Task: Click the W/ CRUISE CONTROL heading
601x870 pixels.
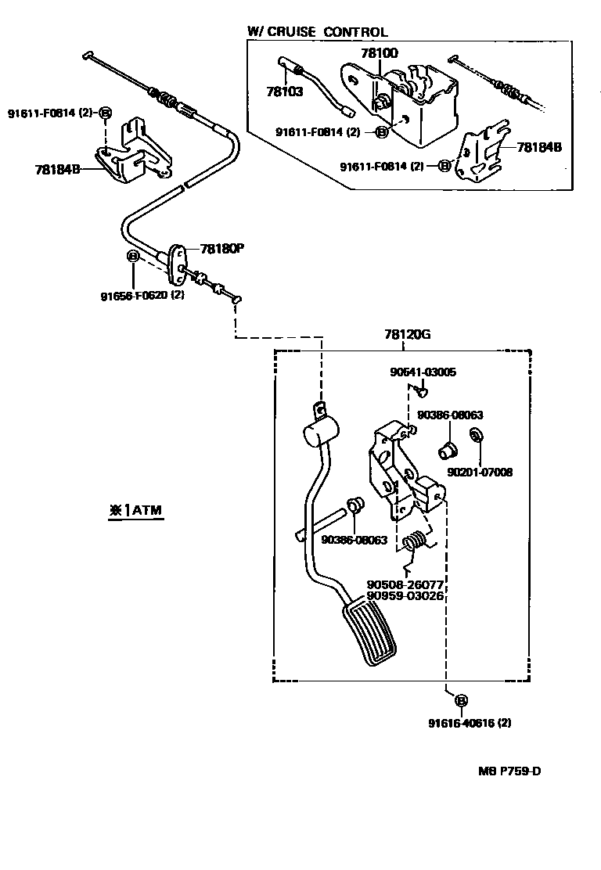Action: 317,32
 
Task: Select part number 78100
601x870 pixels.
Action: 379,53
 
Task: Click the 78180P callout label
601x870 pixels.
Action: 222,249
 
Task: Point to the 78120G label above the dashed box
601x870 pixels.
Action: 407,334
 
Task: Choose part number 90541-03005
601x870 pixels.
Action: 423,372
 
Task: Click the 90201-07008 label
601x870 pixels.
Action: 480,473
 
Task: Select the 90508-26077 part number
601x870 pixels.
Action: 405,584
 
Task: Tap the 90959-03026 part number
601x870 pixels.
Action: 405,595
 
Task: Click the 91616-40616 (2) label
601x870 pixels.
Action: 469,723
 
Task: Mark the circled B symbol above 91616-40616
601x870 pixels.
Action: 461,700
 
